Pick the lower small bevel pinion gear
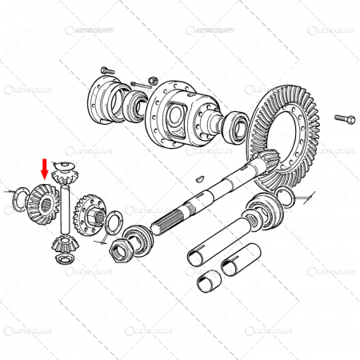[x=62, y=243]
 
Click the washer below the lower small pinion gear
[x=63, y=260]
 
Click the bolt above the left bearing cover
[x=109, y=70]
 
